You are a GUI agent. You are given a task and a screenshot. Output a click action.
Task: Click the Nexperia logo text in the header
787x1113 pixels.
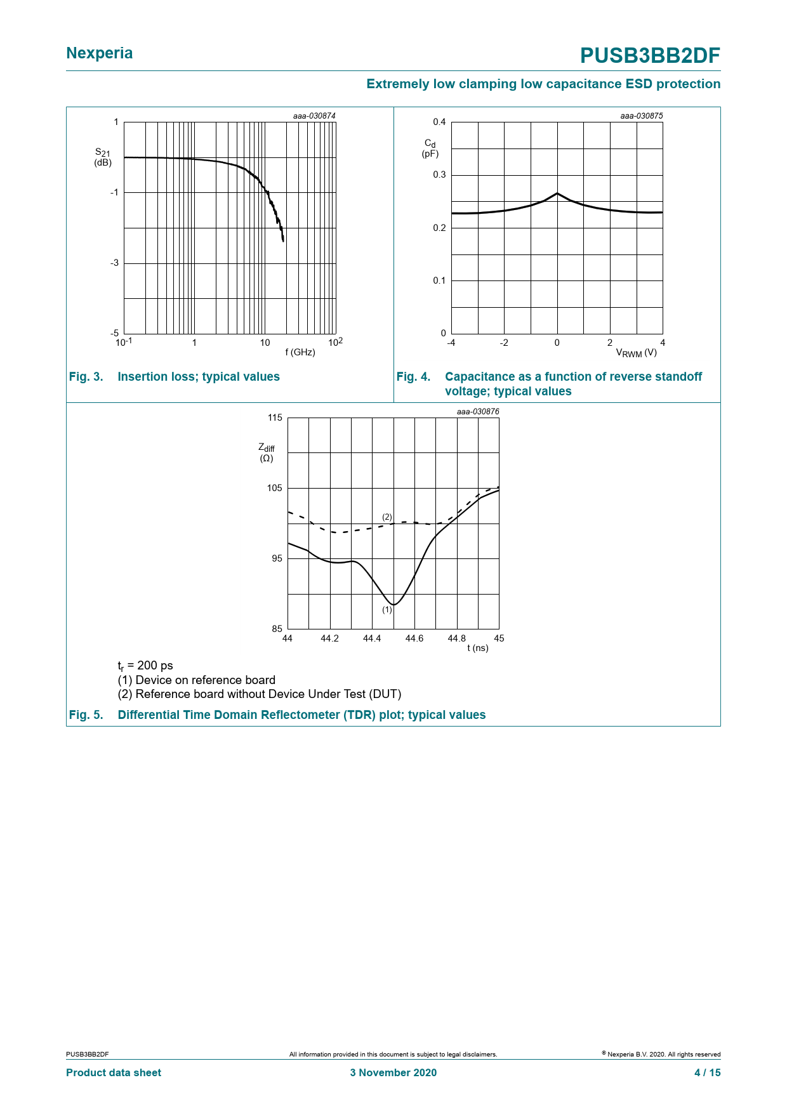click(100, 53)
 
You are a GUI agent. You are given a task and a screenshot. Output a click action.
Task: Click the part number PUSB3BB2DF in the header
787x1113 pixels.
click(650, 56)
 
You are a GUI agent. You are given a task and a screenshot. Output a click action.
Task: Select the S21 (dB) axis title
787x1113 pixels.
click(103, 157)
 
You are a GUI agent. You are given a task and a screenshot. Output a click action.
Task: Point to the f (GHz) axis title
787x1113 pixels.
click(300, 352)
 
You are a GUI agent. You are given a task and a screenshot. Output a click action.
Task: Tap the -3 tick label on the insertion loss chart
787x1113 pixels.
click(114, 263)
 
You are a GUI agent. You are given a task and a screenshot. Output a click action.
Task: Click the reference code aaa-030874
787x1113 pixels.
click(314, 116)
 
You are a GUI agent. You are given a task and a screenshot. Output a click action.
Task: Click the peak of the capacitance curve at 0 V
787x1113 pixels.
click(557, 193)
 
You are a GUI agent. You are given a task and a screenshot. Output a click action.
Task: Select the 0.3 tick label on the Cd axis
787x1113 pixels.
click(439, 175)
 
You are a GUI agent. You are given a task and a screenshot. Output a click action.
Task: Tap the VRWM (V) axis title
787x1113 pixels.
click(636, 353)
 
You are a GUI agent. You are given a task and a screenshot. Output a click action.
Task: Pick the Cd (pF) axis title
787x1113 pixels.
click(430, 148)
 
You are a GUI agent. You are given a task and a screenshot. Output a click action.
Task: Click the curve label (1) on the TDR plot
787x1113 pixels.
click(387, 610)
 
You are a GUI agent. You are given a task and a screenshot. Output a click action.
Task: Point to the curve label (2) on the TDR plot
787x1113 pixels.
click(387, 517)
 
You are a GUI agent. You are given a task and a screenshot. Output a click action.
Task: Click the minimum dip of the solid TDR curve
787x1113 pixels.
click(394, 605)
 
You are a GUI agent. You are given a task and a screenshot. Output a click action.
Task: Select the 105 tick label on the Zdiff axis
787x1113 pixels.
click(275, 488)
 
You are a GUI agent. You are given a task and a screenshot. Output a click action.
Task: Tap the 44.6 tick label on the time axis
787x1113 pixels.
click(414, 638)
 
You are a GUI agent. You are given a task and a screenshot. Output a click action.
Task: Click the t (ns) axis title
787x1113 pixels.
click(478, 648)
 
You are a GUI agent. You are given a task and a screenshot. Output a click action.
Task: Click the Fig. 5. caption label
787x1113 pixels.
click(86, 715)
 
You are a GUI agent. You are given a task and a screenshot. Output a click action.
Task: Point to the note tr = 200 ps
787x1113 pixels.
click(145, 666)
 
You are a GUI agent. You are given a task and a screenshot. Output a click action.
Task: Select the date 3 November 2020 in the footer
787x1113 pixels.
click(393, 1072)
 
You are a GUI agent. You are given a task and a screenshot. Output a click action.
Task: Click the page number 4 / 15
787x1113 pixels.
click(708, 1072)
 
